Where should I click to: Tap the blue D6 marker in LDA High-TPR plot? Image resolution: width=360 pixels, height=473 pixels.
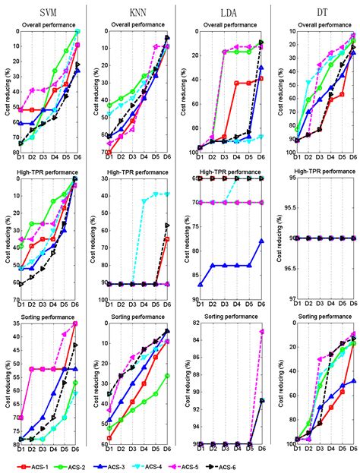click(262, 241)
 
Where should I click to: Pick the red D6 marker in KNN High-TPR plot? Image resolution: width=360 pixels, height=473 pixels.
click(167, 239)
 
